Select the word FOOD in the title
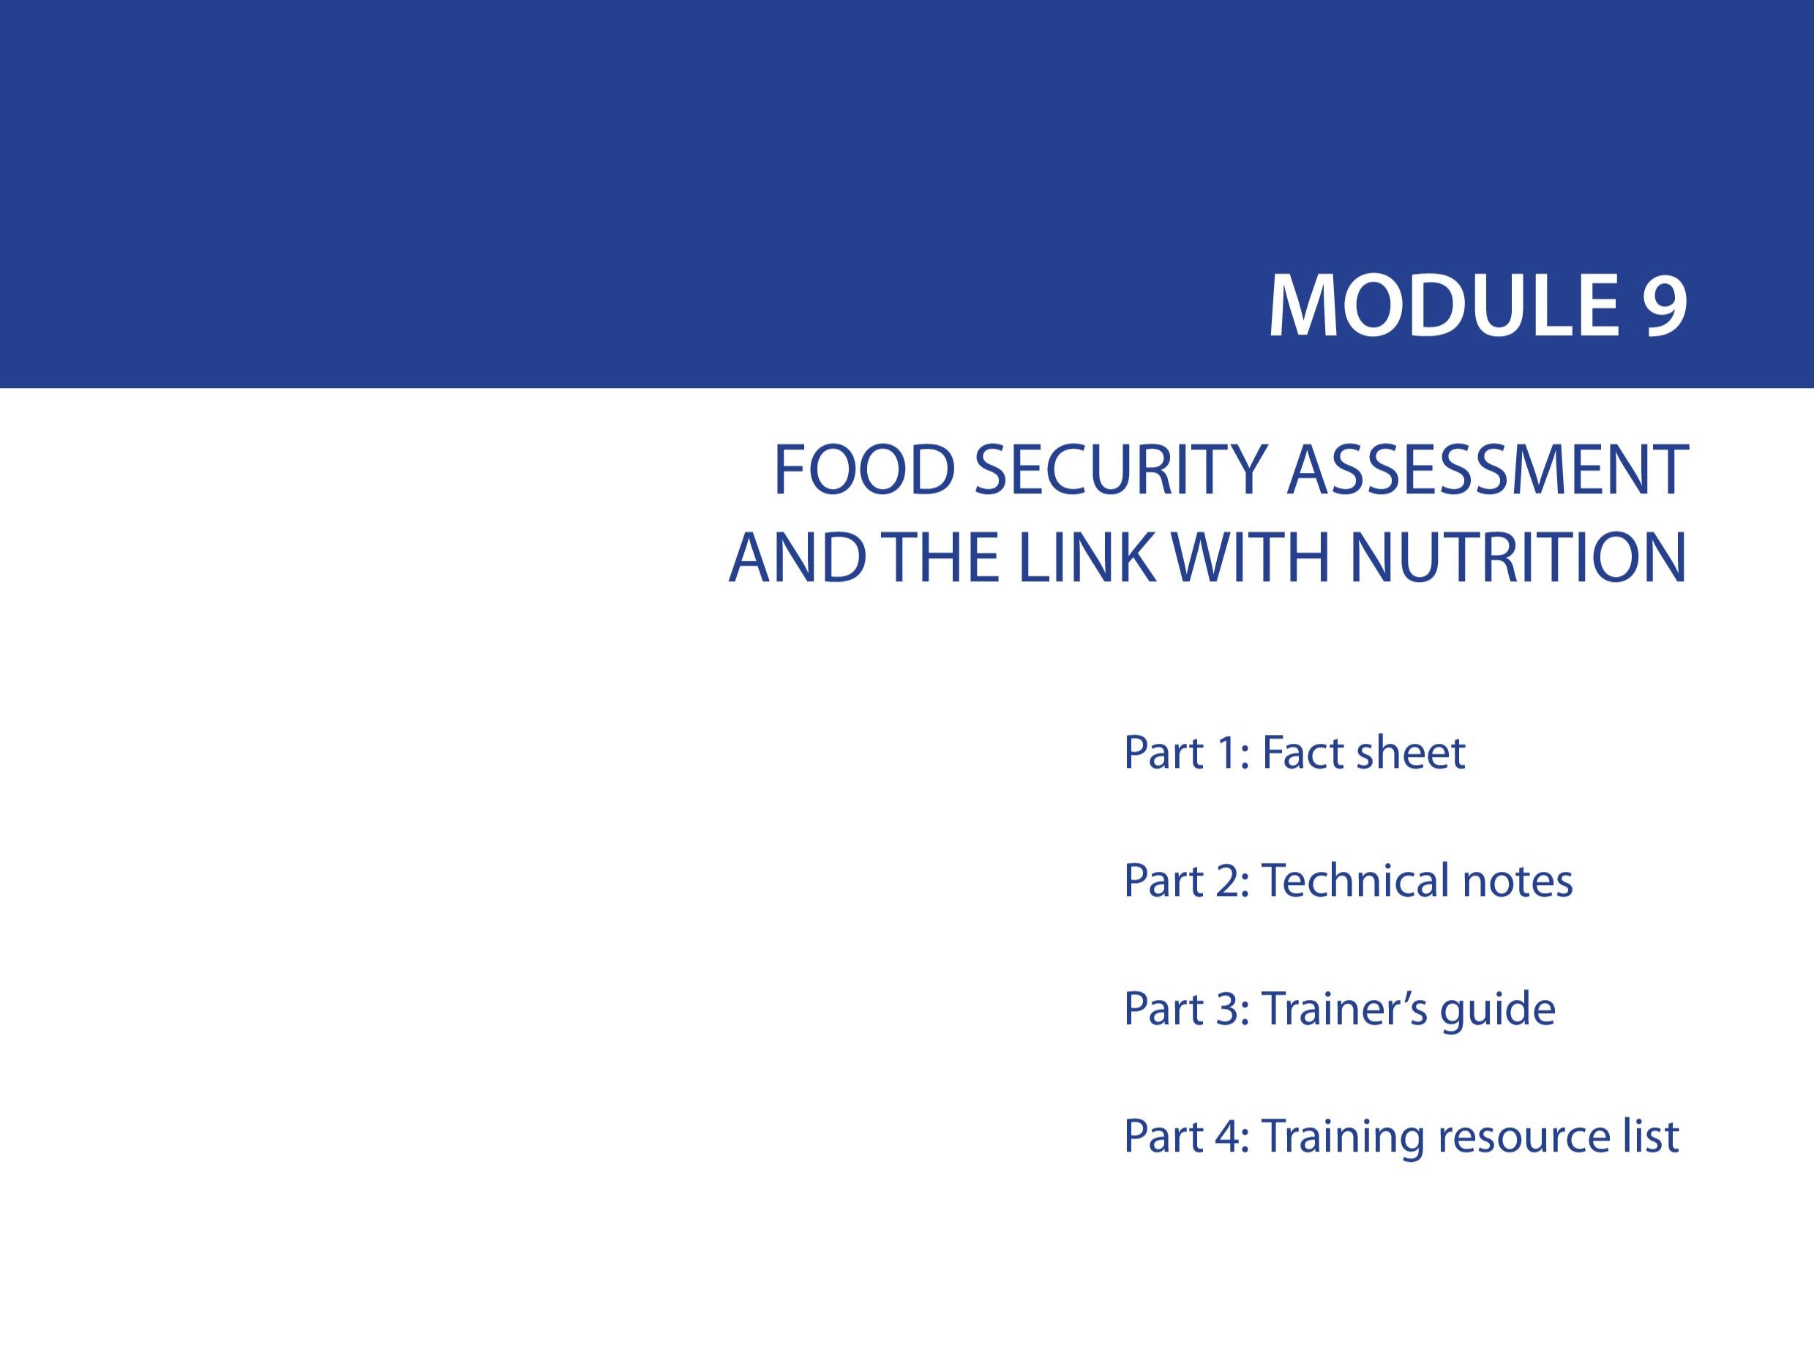(864, 471)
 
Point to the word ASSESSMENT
(1487, 471)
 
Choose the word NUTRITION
(1518, 558)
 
